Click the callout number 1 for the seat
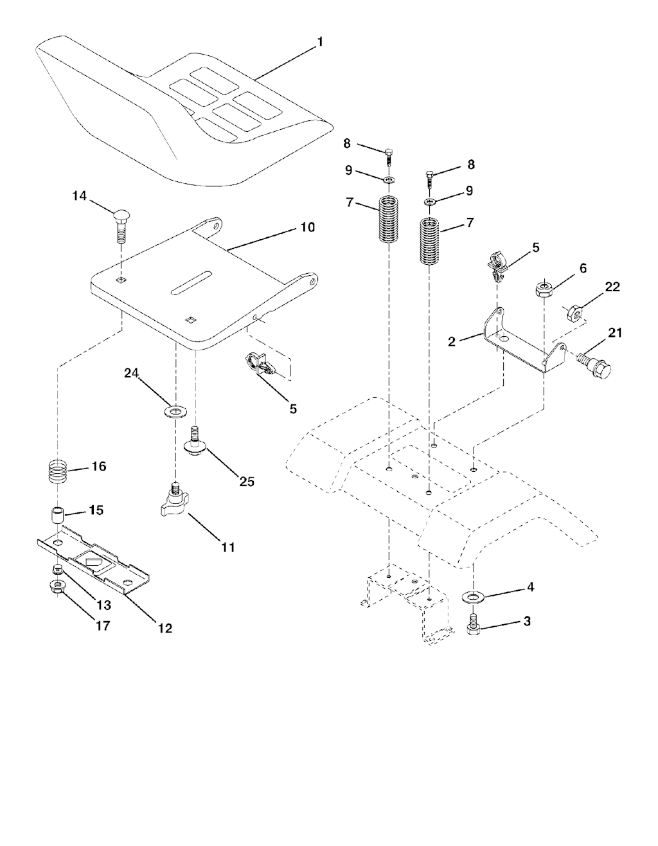point(320,42)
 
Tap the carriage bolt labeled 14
point(121,228)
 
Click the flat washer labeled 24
point(175,411)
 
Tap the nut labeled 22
point(574,312)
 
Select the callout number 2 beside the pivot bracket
point(451,341)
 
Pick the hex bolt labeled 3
point(473,624)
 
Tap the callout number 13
point(103,605)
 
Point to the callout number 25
point(246,482)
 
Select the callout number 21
point(614,333)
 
